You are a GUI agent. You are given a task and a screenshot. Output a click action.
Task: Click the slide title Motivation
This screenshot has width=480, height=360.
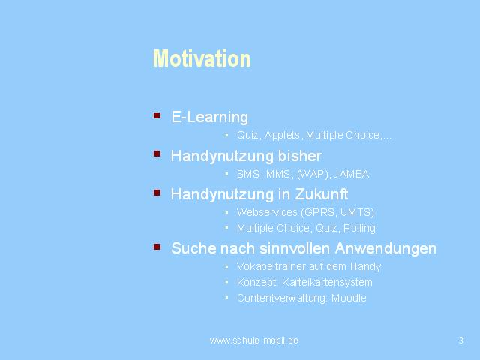pyautogui.click(x=202, y=58)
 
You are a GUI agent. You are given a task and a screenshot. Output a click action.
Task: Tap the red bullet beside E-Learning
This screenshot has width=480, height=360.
pyautogui.click(x=157, y=115)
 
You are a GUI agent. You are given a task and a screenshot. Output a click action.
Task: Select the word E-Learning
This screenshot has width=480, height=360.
pyautogui.click(x=210, y=117)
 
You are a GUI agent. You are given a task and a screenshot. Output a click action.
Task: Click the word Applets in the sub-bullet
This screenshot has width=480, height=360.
pyautogui.click(x=282, y=135)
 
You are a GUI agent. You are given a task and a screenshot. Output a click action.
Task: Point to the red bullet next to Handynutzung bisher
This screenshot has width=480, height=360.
pyautogui.click(x=157, y=154)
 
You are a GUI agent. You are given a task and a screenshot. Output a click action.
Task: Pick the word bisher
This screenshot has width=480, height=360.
pyautogui.click(x=300, y=156)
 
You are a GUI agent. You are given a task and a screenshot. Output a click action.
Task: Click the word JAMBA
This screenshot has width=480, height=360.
pyautogui.click(x=351, y=175)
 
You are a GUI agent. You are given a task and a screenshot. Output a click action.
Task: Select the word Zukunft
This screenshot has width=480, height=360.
pyautogui.click(x=322, y=194)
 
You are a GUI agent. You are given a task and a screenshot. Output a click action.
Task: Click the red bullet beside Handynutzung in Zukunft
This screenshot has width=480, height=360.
pyautogui.click(x=157, y=193)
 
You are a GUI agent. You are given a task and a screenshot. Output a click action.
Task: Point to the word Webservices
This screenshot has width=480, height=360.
pyautogui.click(x=267, y=212)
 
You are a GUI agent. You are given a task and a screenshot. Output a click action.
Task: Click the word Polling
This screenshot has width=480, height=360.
pyautogui.click(x=359, y=228)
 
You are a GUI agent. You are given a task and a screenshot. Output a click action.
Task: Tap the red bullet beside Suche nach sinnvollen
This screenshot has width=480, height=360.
pyautogui.click(x=157, y=247)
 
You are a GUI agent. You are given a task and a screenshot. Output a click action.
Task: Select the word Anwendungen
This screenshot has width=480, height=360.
pyautogui.click(x=385, y=248)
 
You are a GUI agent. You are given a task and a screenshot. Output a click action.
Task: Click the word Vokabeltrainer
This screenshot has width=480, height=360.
pyautogui.click(x=271, y=266)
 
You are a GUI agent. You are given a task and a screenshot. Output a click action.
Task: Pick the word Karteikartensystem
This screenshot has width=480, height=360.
pyautogui.click(x=327, y=282)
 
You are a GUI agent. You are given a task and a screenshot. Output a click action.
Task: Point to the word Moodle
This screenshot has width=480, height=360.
pyautogui.click(x=349, y=298)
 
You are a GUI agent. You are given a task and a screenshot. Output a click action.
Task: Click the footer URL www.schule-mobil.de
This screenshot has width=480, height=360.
pyautogui.click(x=254, y=340)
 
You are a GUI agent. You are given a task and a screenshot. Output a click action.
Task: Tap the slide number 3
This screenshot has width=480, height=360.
pyautogui.click(x=461, y=340)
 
